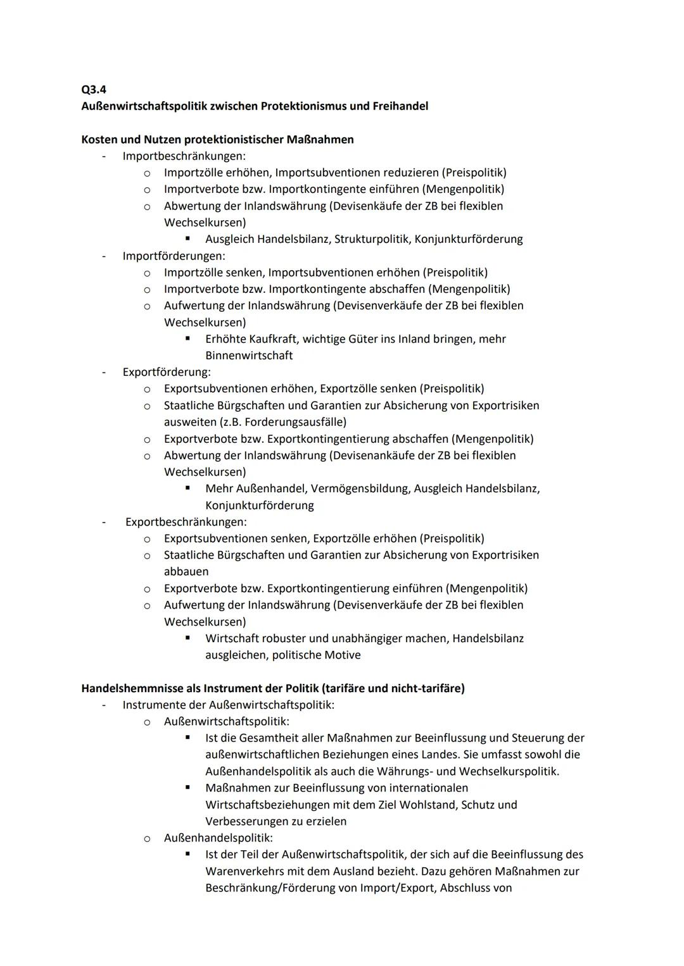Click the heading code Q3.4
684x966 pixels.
pos(94,90)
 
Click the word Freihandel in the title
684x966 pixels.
pos(401,106)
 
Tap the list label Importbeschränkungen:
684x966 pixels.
pos(184,156)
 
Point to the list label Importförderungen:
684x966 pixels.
pos(174,256)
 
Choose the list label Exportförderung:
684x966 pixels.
pos(167,372)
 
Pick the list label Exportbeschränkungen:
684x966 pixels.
pos(186,522)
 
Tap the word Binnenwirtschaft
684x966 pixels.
pos(249,356)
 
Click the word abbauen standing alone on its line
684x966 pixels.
pos(186,571)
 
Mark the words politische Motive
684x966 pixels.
pos(316,655)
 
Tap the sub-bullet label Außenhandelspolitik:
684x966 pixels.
pos(218,838)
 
